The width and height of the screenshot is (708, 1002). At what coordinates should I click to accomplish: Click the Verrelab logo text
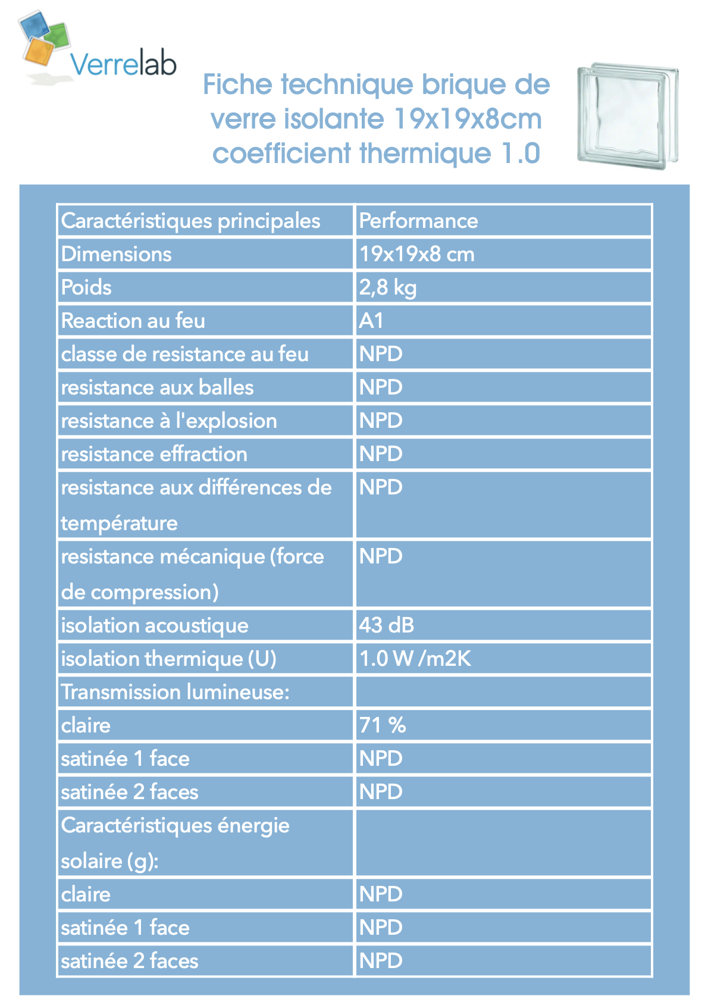point(123,64)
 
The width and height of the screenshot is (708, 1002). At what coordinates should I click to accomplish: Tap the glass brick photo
point(627,116)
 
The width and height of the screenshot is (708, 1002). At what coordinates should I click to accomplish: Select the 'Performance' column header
point(418,221)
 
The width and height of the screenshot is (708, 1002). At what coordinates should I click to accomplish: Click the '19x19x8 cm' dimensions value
point(416,254)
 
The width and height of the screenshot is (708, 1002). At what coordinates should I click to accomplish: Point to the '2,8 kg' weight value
point(387,287)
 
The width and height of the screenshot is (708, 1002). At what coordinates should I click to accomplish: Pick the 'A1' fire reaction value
point(371,321)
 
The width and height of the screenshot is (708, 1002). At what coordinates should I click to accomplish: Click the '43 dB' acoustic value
point(386,625)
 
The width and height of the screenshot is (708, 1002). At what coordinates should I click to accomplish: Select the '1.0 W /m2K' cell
point(415,659)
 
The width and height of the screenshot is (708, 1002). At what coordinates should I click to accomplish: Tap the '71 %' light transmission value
point(382,725)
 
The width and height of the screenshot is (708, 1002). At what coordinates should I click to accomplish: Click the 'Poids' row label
point(86,287)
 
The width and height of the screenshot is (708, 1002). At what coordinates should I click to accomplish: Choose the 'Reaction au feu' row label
point(133,321)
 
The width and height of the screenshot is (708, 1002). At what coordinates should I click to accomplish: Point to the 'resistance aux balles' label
point(157,387)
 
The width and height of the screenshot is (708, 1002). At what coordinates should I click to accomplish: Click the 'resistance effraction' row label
point(153,454)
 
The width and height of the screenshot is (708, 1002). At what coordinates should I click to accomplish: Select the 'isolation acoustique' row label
point(155,625)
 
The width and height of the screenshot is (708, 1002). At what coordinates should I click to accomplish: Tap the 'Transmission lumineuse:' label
point(175,692)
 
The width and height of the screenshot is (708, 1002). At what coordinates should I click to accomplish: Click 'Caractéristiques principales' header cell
point(190,221)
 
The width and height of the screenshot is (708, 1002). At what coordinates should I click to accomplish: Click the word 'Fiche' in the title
point(237,84)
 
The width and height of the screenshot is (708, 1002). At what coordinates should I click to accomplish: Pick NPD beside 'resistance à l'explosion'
point(381,421)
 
